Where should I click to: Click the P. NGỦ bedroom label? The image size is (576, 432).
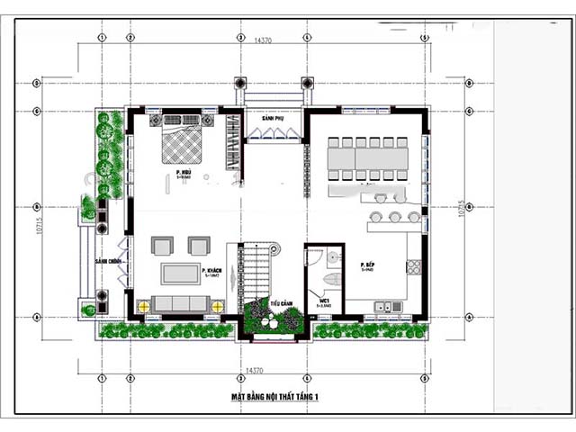[184, 172]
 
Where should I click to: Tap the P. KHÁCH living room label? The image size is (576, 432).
[213, 272]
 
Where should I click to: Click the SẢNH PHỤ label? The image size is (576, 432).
[262, 119]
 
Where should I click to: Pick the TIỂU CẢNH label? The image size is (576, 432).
[279, 304]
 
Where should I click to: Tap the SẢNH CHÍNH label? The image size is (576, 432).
[108, 262]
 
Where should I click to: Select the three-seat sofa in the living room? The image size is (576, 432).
[180, 304]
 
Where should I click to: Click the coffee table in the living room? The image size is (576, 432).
[181, 273]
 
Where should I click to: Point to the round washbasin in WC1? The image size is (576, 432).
[335, 256]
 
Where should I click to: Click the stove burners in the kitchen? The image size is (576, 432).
[415, 267]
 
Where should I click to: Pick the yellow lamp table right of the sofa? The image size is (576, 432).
[217, 306]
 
